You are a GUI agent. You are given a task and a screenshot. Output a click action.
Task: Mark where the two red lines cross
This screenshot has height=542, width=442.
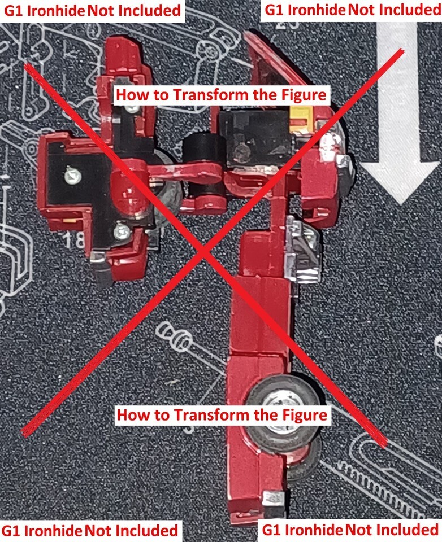(x=204, y=253)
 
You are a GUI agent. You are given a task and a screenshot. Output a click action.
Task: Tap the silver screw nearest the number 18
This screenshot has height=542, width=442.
(x=122, y=231)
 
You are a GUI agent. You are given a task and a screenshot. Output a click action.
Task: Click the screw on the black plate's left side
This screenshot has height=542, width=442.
(x=73, y=176)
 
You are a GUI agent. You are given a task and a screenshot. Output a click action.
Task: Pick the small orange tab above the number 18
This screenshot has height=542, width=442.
(x=68, y=220)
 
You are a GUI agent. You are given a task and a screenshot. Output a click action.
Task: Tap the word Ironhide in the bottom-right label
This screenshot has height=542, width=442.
(x=314, y=530)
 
